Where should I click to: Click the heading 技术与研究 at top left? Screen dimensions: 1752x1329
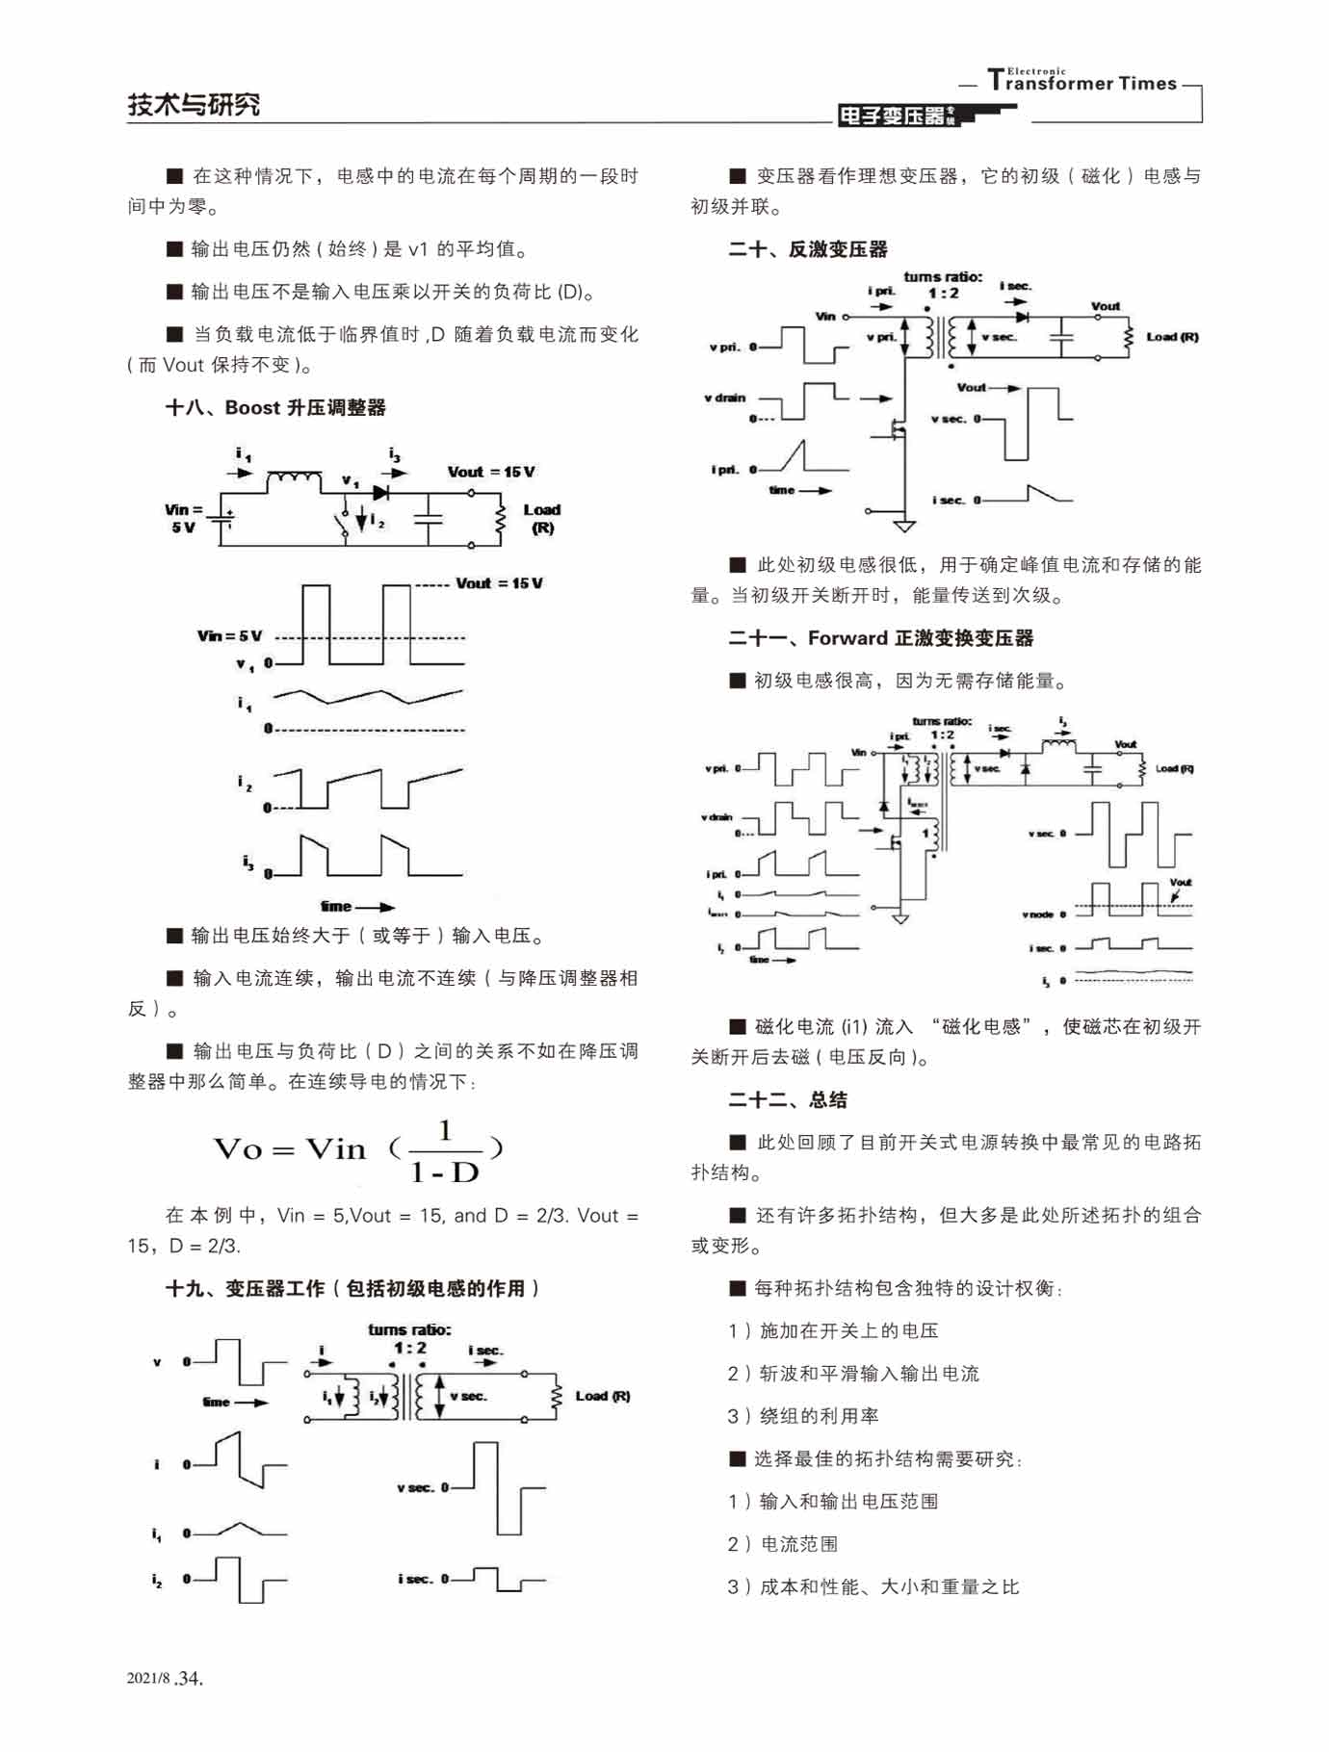[194, 104]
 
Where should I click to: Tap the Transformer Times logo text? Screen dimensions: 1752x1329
[1082, 82]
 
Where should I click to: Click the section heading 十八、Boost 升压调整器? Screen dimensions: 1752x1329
[275, 407]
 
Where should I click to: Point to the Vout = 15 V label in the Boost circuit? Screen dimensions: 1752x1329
[490, 472]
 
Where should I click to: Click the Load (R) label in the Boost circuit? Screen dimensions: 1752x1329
[541, 518]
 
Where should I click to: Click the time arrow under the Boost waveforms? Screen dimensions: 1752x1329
[357, 906]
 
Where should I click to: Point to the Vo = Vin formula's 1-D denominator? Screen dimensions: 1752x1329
[444, 1172]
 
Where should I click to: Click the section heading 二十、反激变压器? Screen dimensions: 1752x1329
[808, 249]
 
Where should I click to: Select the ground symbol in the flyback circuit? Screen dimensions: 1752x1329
[903, 526]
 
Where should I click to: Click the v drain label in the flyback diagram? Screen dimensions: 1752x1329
[724, 398]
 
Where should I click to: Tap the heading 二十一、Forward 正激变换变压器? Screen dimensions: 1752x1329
[880, 638]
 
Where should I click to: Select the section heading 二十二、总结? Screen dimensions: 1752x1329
[787, 1099]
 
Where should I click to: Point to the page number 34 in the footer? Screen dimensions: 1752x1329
[190, 1678]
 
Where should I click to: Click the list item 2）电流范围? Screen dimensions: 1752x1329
[782, 1544]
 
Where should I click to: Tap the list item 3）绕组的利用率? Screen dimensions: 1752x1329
[802, 1416]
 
